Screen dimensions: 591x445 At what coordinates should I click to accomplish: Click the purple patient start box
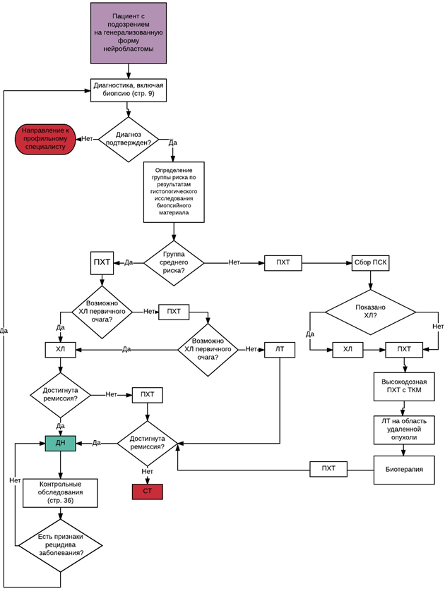[x=127, y=33]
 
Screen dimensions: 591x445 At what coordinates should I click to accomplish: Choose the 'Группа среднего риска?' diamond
[x=174, y=263]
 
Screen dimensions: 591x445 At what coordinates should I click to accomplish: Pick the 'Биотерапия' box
[x=403, y=469]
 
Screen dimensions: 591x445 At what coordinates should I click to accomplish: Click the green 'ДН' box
[x=60, y=443]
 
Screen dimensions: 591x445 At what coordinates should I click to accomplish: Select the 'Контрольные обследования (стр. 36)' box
[x=59, y=492]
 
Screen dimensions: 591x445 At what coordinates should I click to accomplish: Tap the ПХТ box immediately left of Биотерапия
[x=328, y=468]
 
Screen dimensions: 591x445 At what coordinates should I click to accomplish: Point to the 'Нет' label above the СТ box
[x=147, y=471]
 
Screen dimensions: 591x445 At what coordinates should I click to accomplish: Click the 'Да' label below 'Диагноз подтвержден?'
[x=173, y=142]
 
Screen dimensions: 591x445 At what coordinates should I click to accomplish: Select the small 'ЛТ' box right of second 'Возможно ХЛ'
[x=279, y=348]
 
